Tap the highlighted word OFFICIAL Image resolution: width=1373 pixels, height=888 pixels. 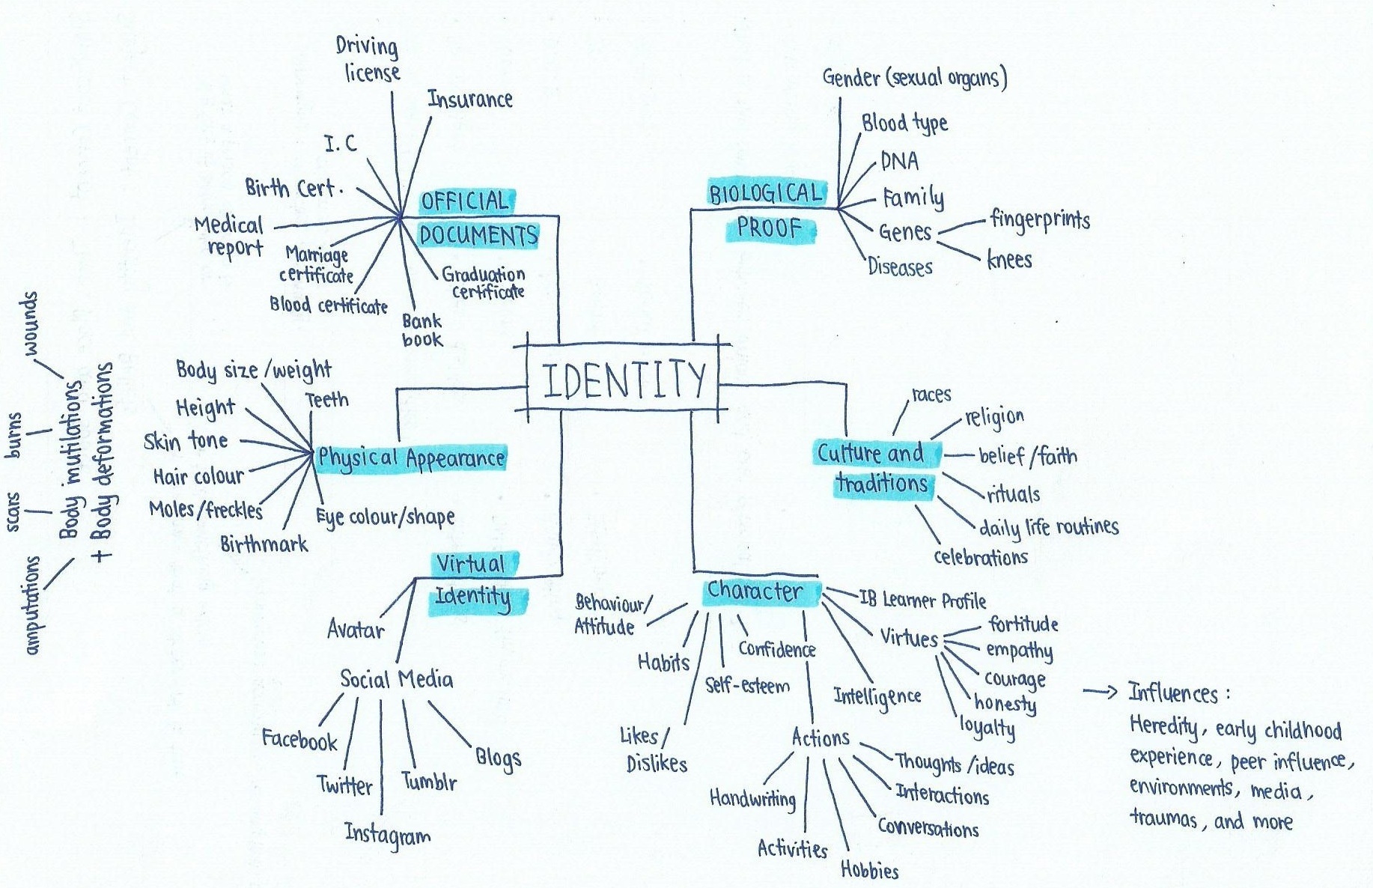pyautogui.click(x=465, y=201)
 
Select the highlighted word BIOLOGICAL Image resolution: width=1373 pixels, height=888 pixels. pyautogui.click(x=765, y=194)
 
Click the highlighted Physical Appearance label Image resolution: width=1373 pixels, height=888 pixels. pyautogui.click(x=411, y=457)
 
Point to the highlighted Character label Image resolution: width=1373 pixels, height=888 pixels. pyautogui.click(x=755, y=592)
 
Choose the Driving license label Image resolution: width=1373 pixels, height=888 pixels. pyautogui.click(x=369, y=59)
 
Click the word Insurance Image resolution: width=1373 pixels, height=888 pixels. pyautogui.click(x=470, y=99)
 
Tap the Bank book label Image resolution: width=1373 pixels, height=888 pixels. pyautogui.click(x=422, y=330)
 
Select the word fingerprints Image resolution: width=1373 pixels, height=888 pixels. pyautogui.click(x=1040, y=219)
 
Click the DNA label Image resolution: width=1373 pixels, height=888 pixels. pyautogui.click(x=899, y=161)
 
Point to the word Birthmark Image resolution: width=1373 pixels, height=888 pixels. pyautogui.click(x=264, y=544)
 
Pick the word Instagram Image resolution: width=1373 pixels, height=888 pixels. pyautogui.click(x=387, y=834)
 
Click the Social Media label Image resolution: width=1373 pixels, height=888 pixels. pyautogui.click(x=396, y=679)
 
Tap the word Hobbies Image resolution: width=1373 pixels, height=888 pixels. pyautogui.click(x=869, y=869)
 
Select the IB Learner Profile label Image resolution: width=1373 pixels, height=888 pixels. pyautogui.click(x=922, y=600)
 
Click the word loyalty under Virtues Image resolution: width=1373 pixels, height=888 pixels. pyautogui.click(x=987, y=727)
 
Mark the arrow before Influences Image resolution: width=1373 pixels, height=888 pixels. pyautogui.click(x=1100, y=692)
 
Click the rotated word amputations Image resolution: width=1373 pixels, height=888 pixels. pyautogui.click(x=32, y=605)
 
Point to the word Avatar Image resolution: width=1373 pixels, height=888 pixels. pyautogui.click(x=356, y=630)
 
